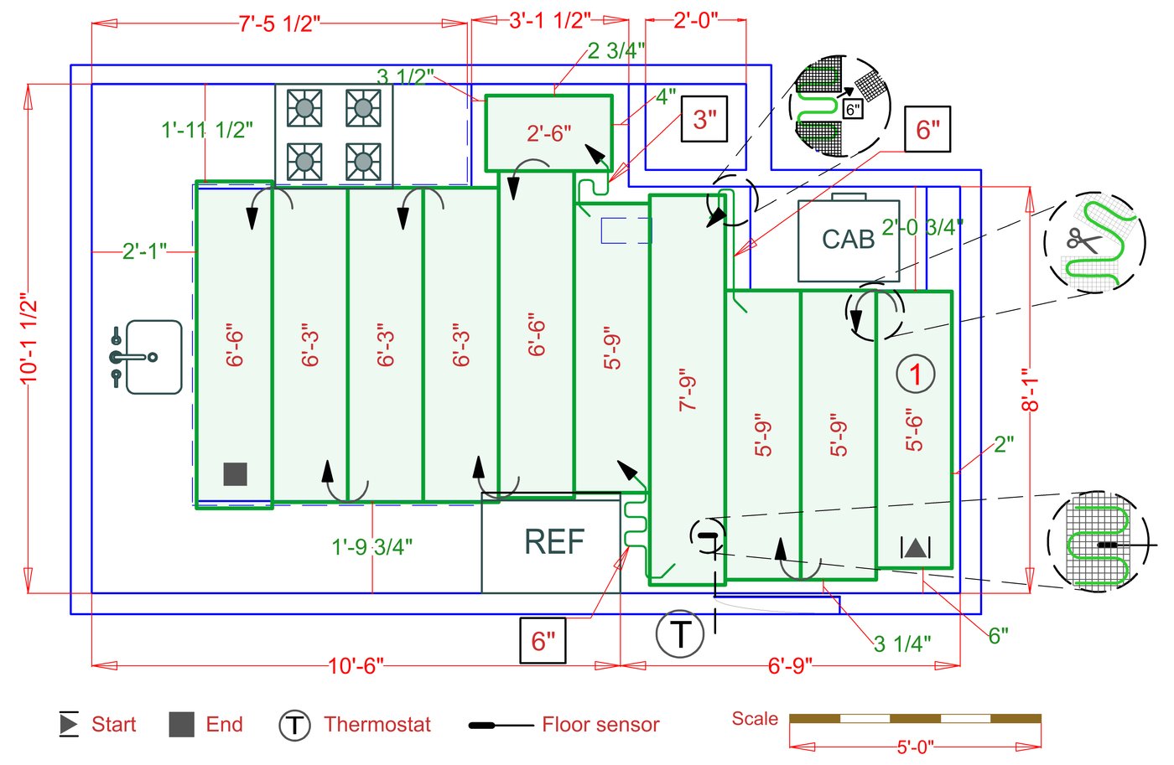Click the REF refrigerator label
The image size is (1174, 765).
click(x=554, y=542)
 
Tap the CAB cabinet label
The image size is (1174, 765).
click(x=848, y=240)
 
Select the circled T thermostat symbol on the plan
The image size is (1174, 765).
click(x=680, y=634)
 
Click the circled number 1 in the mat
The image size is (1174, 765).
click(x=915, y=374)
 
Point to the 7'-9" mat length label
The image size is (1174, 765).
click(x=688, y=390)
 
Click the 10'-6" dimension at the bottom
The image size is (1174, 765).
click(x=356, y=666)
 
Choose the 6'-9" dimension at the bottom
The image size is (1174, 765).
click(x=789, y=666)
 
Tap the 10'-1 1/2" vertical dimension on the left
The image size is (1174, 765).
click(x=29, y=339)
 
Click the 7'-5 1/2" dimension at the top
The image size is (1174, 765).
click(x=279, y=23)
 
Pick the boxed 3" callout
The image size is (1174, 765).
click(x=704, y=120)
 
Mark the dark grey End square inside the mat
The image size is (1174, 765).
click(x=236, y=473)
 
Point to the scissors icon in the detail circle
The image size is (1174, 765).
click(x=1083, y=242)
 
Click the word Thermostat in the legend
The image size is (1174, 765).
click(x=377, y=725)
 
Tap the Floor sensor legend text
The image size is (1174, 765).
click(x=600, y=725)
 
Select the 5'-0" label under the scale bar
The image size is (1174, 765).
click(x=915, y=747)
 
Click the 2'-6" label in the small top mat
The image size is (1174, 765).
click(x=549, y=133)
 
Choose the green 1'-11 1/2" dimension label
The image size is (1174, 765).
click(x=206, y=130)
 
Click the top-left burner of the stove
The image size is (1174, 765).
click(x=304, y=107)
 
